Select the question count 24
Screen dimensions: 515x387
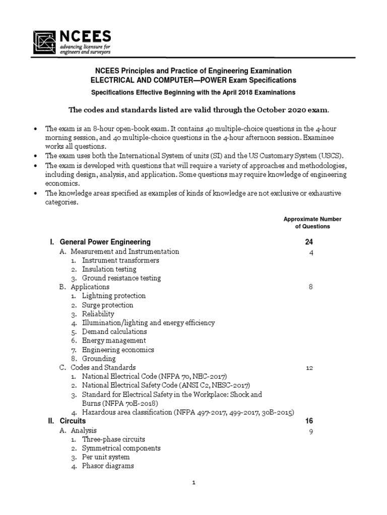tap(309, 242)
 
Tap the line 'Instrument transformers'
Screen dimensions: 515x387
tap(120, 260)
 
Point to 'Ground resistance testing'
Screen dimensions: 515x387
tap(121, 278)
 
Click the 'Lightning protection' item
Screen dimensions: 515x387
tap(114, 296)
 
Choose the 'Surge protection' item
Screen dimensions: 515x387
tap(108, 305)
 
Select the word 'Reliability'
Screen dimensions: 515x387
tap(98, 314)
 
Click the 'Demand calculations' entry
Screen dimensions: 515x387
tap(114, 331)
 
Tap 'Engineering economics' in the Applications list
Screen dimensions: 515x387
tap(118, 350)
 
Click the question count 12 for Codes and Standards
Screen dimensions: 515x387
tap(309, 368)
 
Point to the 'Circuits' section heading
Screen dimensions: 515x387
tap(73, 421)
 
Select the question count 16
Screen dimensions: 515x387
tap(309, 421)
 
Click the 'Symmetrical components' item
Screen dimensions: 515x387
tap(121, 448)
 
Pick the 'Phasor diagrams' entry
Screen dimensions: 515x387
tap(108, 466)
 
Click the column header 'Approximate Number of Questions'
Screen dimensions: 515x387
tap(312, 223)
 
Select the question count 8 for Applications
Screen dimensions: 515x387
tap(310, 287)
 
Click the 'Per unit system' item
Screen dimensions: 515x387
tap(106, 457)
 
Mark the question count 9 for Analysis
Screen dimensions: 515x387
tap(310, 431)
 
